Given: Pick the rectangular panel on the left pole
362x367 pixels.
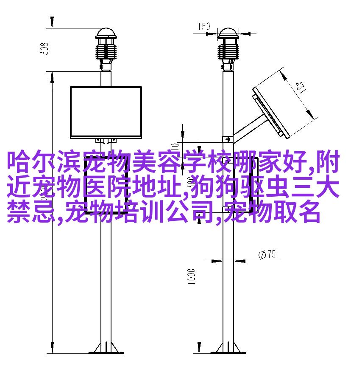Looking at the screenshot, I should coord(106,112).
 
